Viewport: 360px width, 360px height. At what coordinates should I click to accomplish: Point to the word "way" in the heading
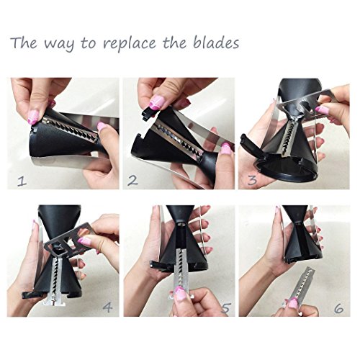pyautogui.click(x=59, y=45)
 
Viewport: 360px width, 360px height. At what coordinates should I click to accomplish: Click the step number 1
pyautogui.click(x=22, y=181)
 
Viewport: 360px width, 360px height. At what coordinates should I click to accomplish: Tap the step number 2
pyautogui.click(x=132, y=181)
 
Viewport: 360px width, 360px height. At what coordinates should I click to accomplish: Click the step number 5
pyautogui.click(x=226, y=308)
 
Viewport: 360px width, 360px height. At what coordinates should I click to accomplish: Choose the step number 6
pyautogui.click(x=338, y=308)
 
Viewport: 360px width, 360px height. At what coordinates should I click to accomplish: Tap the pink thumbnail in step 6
pyautogui.click(x=293, y=303)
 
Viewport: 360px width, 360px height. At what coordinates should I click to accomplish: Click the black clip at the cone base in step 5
pyautogui.click(x=160, y=266)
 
